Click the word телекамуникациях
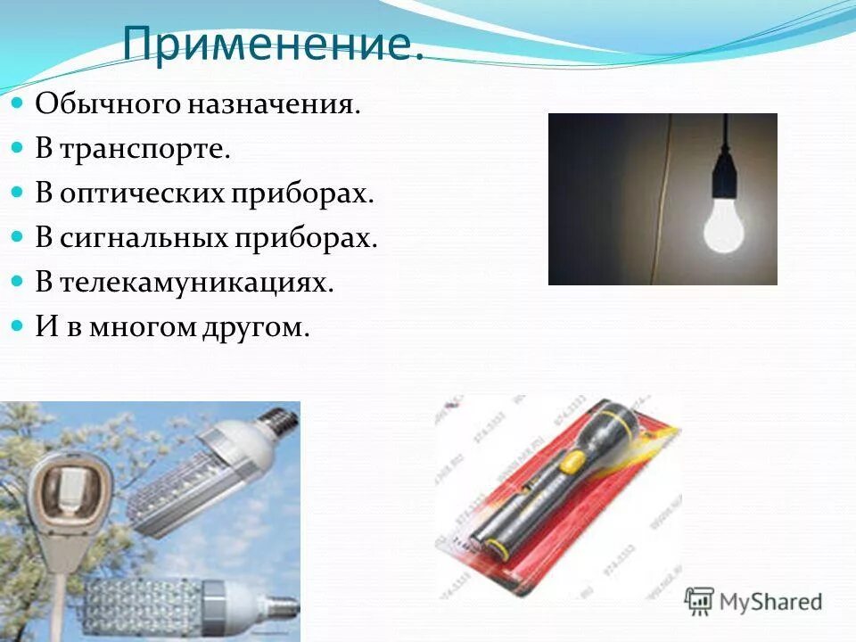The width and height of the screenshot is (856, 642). click(x=196, y=283)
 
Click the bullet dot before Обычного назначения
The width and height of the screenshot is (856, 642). click(x=17, y=104)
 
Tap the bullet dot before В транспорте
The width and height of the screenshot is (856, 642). click(x=17, y=149)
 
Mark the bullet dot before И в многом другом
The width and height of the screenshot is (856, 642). click(x=17, y=327)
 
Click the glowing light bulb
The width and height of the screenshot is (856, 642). click(x=723, y=226)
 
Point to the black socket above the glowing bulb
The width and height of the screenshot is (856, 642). click(x=723, y=178)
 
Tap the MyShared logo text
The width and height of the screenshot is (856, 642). click(x=770, y=601)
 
